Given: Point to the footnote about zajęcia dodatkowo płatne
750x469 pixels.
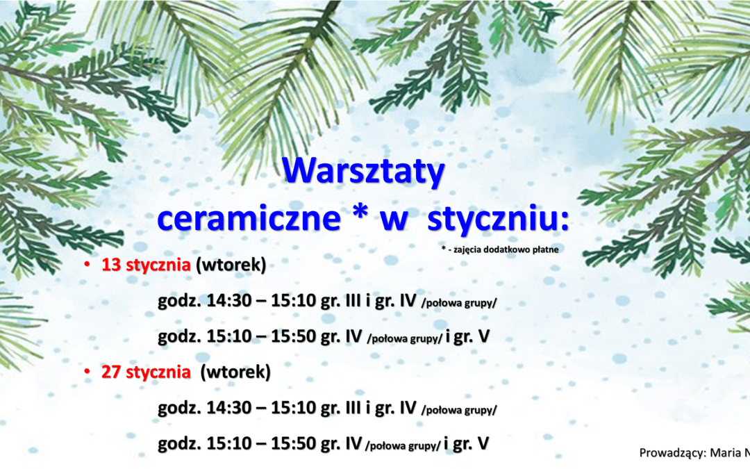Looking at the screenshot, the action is coord(500,249).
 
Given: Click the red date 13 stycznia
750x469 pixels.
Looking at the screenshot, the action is coord(146,265).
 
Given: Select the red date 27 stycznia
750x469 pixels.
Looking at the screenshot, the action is coord(146,372).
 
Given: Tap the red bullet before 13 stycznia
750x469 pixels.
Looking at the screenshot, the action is coord(87,264).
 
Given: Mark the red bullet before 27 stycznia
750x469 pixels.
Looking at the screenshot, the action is coord(87,371).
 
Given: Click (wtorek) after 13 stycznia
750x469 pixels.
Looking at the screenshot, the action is coord(231,265).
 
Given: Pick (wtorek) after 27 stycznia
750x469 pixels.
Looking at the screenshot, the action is coord(235,372).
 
